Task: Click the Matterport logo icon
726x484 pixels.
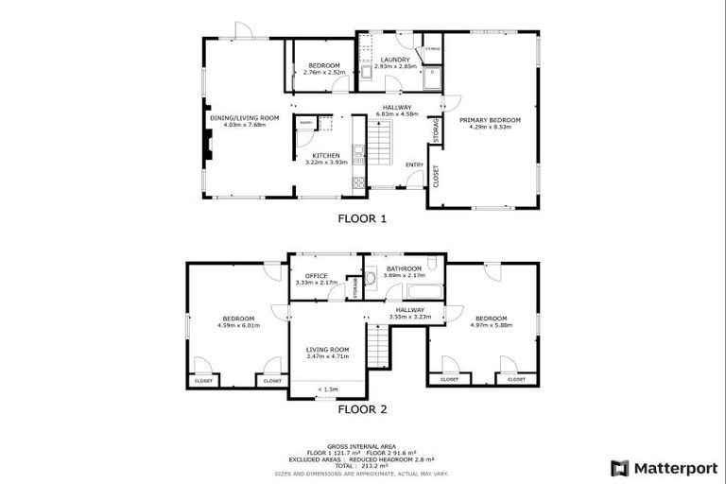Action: click(619, 467)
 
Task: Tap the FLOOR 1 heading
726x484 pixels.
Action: click(363, 218)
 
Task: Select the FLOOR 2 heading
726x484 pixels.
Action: click(363, 410)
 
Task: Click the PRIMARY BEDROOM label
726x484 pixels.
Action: click(490, 120)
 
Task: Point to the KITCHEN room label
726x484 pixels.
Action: click(326, 155)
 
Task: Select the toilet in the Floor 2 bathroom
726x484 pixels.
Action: click(371, 278)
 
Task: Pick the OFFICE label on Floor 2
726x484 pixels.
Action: click(315, 275)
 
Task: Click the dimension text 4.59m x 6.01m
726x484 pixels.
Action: click(238, 325)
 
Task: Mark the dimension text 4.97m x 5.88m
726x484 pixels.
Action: click(491, 325)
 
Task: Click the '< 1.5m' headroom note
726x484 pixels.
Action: click(328, 389)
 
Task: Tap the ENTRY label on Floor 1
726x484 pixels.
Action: click(414, 164)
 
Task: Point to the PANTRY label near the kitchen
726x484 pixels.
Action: click(305, 123)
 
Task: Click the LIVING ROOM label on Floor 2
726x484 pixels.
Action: click(327, 350)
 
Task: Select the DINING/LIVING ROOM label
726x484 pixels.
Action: click(245, 117)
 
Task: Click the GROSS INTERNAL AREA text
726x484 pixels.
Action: click(363, 445)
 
